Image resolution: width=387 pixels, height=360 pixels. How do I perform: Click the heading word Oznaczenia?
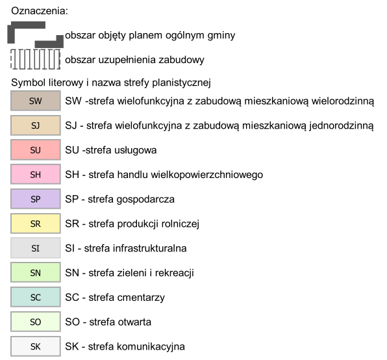[x=40, y=11]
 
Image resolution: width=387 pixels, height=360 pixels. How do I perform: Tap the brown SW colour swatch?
[x=36, y=101]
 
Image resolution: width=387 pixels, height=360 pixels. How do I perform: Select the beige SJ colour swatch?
[x=36, y=125]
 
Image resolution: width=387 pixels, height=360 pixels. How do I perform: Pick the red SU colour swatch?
[x=36, y=150]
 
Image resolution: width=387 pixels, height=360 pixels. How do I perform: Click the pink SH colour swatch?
[x=36, y=174]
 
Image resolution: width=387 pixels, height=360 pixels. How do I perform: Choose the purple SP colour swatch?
[x=36, y=199]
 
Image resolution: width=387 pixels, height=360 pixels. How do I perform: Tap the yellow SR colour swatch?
[x=36, y=224]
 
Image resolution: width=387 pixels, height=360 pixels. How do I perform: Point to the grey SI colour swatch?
[x=36, y=248]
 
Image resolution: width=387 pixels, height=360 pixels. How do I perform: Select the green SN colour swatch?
[x=36, y=272]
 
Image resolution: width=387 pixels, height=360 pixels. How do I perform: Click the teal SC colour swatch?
[x=36, y=297]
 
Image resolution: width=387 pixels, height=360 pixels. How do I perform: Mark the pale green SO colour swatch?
[x=36, y=322]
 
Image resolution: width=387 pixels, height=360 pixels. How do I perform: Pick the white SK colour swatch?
[x=36, y=346]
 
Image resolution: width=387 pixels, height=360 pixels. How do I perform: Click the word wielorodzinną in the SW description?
[x=343, y=101]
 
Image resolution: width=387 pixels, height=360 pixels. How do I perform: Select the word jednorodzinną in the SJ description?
[x=342, y=125]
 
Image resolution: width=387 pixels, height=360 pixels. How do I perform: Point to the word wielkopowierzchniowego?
[x=207, y=175]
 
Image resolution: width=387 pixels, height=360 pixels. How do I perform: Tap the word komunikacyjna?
[x=151, y=346]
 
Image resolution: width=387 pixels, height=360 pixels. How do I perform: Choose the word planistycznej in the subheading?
[x=181, y=83]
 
